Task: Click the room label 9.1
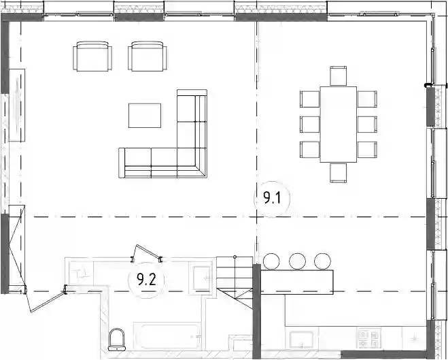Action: pos(273,198)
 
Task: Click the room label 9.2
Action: pos(147,280)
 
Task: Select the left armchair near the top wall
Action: pos(92,56)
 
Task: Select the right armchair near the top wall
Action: pos(148,56)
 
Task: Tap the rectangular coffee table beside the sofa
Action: pos(145,116)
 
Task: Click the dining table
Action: pos(339,125)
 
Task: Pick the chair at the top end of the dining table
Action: pos(339,76)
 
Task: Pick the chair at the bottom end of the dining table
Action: pos(339,173)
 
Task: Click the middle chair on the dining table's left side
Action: pos(310,125)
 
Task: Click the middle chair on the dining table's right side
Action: pos(367,125)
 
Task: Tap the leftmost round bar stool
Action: pos(271,261)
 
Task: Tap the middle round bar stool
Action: pos(298,261)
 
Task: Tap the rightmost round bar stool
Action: pos(322,261)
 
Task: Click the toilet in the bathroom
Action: pos(117,340)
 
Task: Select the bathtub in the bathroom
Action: pos(167,337)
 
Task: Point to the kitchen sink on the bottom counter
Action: pos(301,340)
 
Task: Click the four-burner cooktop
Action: pos(369,338)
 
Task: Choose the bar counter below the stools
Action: pos(297,282)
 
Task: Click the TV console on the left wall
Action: pos(17,105)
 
